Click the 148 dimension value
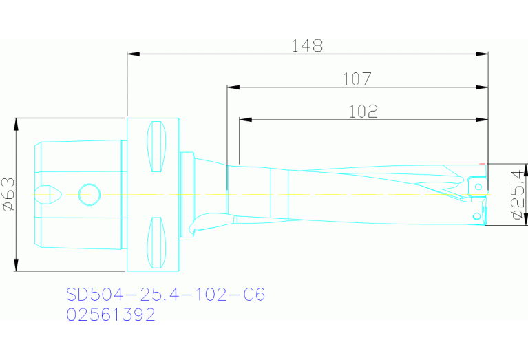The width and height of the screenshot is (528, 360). click(307, 46)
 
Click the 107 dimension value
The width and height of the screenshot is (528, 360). click(357, 79)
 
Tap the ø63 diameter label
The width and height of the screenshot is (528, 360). click(8, 195)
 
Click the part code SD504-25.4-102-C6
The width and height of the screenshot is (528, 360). click(165, 295)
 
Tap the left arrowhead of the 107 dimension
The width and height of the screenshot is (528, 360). click(233, 87)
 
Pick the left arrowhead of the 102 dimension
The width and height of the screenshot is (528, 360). click(245, 120)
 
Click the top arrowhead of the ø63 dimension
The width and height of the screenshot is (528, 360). click(15, 123)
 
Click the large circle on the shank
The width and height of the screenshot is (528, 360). click(89, 195)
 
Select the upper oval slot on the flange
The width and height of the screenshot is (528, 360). click(158, 147)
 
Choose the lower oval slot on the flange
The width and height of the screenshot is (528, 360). click(158, 243)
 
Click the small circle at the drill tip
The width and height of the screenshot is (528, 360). click(476, 216)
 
